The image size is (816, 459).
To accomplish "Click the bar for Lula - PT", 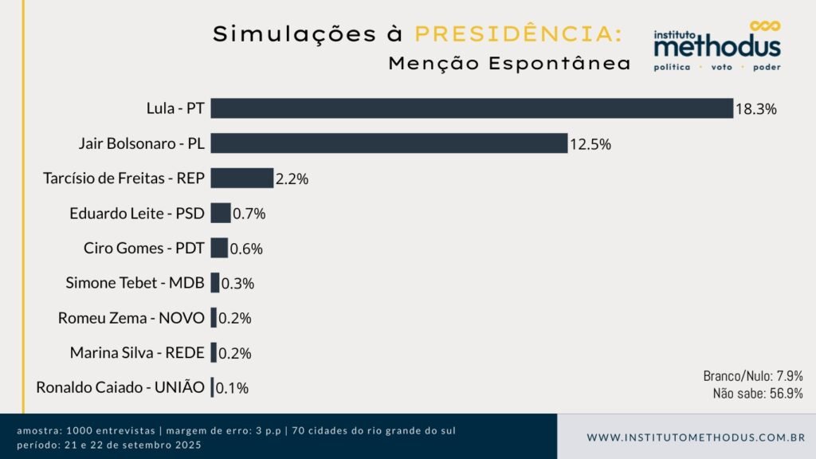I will click(x=472, y=108).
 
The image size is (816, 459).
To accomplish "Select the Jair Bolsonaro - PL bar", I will click(x=389, y=143).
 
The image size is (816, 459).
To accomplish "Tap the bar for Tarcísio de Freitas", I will click(x=241, y=178).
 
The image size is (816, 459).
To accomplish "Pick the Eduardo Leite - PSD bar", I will click(x=221, y=213).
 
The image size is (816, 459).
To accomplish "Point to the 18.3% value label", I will click(x=755, y=109).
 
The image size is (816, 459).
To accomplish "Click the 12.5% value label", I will click(x=590, y=144).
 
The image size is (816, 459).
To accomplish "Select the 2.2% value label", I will click(x=292, y=178).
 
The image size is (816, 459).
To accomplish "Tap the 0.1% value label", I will click(x=232, y=388).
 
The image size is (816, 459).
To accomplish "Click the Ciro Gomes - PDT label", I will click(x=144, y=248).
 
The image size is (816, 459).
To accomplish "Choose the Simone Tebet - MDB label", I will click(x=135, y=283).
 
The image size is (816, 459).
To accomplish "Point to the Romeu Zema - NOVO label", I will click(x=131, y=318).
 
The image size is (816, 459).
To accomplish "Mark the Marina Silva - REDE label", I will click(x=137, y=353).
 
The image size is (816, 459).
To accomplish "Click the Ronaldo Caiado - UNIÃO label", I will click(x=120, y=388).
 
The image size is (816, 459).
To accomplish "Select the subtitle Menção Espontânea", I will click(x=509, y=64).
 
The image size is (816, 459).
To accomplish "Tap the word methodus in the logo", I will click(x=717, y=47).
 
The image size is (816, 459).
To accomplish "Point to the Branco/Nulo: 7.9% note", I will click(x=752, y=375).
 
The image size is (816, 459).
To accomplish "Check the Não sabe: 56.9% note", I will click(x=757, y=393).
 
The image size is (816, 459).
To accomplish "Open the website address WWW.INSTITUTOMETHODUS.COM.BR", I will click(x=696, y=437).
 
